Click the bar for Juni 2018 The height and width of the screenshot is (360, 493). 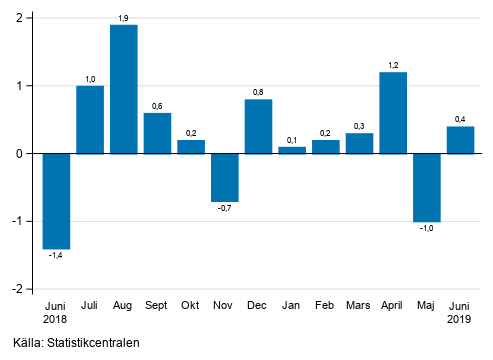pos(56,201)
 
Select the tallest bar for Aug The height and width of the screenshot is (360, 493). pos(124,89)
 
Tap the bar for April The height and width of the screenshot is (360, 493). pos(394,113)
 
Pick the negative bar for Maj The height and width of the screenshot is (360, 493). pos(427,188)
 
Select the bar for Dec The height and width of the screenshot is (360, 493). pos(259,126)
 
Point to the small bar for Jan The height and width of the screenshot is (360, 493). pos(292,150)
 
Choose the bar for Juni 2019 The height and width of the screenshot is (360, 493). pos(461,140)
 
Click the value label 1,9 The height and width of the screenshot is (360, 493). pos(124,18)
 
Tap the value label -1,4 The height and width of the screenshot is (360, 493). pos(56,256)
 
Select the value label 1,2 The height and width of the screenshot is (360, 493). pos(394,65)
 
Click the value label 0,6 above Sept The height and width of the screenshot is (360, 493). pos(158,106)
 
